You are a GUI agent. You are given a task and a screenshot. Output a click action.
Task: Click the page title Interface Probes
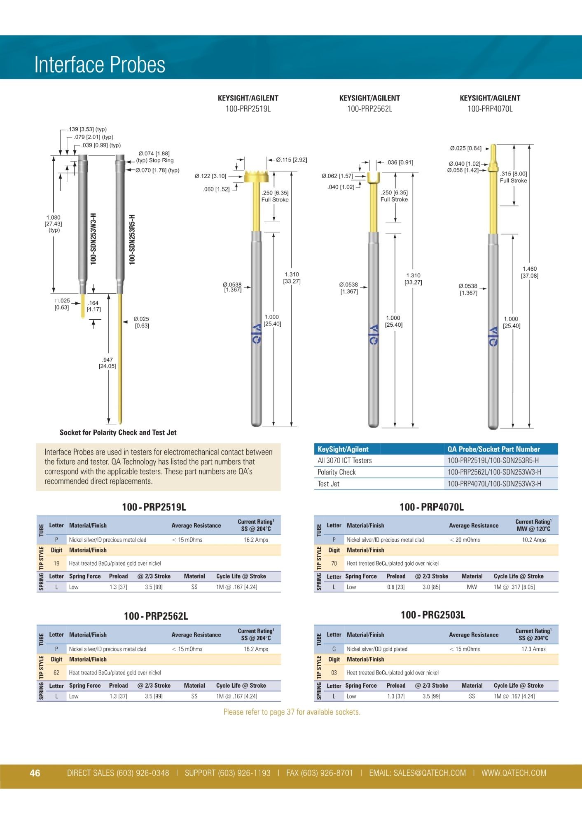100,65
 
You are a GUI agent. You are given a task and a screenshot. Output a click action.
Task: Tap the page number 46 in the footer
35,773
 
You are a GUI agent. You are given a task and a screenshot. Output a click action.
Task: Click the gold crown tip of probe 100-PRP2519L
256,176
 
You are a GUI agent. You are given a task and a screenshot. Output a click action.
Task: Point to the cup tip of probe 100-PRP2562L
373,178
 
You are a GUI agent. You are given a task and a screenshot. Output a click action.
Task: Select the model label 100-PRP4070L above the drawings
490,109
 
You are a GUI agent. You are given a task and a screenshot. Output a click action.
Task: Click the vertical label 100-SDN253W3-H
93,239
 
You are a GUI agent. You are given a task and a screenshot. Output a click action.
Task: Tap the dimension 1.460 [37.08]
529,272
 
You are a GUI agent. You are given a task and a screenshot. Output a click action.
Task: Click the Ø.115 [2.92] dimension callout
291,160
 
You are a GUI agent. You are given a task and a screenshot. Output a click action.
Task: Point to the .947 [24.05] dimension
108,363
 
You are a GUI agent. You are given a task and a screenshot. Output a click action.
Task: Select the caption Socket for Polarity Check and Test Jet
118,433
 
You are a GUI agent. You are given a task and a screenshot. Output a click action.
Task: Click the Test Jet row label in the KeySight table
328,484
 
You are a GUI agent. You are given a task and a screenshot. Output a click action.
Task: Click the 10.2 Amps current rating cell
534,540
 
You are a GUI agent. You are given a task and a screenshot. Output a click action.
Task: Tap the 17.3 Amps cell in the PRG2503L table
533,649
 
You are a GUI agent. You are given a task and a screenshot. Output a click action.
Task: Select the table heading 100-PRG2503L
433,615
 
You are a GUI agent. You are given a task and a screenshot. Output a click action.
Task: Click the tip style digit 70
334,563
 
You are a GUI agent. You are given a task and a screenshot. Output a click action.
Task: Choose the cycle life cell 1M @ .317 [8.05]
514,587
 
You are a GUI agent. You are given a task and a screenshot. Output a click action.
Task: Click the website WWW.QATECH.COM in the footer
514,773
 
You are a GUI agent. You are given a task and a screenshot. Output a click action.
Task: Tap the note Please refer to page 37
292,712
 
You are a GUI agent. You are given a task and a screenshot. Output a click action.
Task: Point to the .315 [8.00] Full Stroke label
513,177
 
